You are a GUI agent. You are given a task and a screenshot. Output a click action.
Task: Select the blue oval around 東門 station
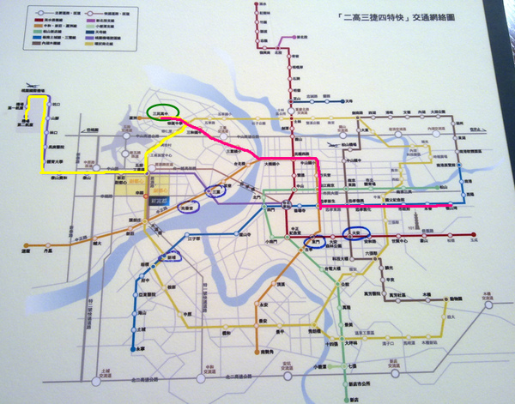(x=317, y=243)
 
